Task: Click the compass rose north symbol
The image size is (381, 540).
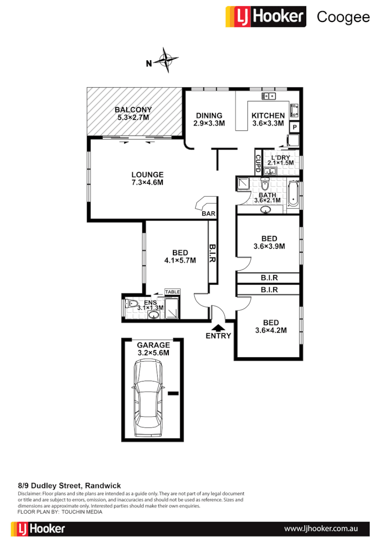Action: pyautogui.click(x=166, y=62)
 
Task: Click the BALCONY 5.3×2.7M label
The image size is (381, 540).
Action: pyautogui.click(x=133, y=114)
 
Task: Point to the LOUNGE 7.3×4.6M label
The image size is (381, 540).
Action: pyautogui.click(x=146, y=178)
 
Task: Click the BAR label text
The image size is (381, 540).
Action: pyautogui.click(x=208, y=214)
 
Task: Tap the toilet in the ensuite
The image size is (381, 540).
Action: pyautogui.click(x=131, y=305)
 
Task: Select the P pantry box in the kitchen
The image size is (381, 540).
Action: pyautogui.click(x=295, y=127)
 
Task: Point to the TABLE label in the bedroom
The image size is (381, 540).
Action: pyautogui.click(x=172, y=292)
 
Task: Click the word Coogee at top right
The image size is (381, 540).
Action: pyautogui.click(x=343, y=17)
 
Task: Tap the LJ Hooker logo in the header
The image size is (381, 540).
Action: pyautogui.click(x=266, y=17)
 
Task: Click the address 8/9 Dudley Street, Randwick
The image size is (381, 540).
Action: pyautogui.click(x=69, y=486)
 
